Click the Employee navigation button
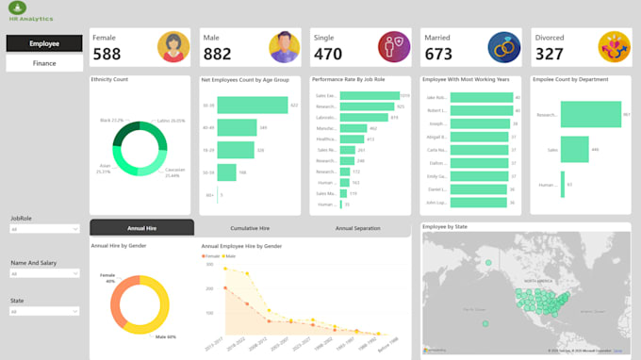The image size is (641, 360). point(44,43)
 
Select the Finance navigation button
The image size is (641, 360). point(44,63)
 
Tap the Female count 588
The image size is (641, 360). point(107,55)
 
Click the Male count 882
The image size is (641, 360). point(218,55)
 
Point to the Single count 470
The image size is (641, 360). point(328,55)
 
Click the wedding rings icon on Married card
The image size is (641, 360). point(503,46)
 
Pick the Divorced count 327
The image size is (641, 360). point(550,55)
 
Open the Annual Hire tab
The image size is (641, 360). point(141,228)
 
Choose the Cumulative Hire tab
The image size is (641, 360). point(250,228)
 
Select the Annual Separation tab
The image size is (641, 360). point(356,228)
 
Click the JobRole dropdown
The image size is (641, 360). point(44,229)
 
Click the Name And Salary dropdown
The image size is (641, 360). point(44,274)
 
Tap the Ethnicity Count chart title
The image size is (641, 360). point(109,80)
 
